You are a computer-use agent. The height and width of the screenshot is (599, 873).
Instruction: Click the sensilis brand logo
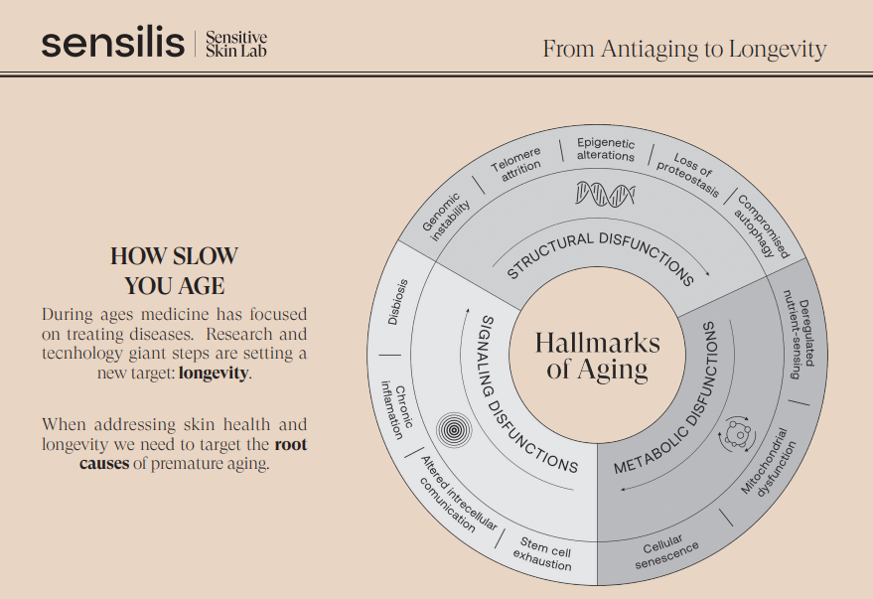tap(112, 44)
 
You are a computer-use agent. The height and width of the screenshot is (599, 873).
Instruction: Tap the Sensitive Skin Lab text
tap(236, 44)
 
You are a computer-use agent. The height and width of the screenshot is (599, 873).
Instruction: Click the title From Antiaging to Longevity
tap(684, 49)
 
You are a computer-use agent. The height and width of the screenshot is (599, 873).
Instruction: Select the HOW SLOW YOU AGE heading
tap(174, 270)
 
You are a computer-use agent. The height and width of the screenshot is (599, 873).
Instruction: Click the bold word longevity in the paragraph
tap(214, 373)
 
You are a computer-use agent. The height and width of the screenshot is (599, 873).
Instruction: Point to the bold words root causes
tap(194, 454)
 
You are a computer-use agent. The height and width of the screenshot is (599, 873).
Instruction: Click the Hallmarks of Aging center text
tap(598, 356)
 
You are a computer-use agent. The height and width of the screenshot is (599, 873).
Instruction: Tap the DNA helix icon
tap(605, 194)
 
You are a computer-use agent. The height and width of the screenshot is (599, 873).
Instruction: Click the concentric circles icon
tap(454, 429)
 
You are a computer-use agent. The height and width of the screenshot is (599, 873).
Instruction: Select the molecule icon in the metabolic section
tap(737, 433)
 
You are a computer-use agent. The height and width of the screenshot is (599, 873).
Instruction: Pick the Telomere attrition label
tap(517, 164)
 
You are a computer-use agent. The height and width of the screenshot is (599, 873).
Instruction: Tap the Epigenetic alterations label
tap(606, 149)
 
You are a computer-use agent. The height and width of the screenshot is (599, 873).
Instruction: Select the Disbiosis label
tap(398, 302)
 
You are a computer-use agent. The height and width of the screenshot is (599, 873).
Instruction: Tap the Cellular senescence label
tap(664, 551)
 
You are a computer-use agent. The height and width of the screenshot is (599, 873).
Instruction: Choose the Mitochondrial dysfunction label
tap(769, 463)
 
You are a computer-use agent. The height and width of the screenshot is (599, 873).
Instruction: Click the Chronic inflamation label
tap(396, 409)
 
